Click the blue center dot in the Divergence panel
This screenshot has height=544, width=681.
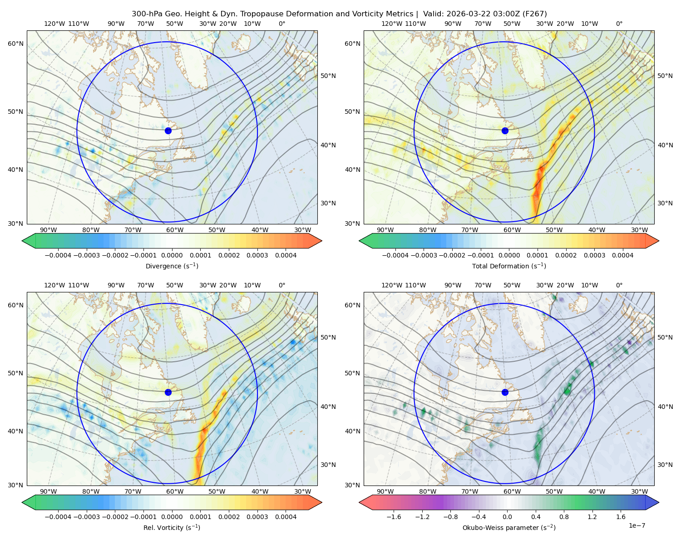click(168, 131)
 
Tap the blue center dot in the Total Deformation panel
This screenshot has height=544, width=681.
click(505, 131)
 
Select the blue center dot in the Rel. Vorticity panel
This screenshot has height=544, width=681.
click(168, 392)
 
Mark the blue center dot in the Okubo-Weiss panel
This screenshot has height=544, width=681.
click(505, 392)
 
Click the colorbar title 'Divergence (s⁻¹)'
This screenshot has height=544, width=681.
click(172, 266)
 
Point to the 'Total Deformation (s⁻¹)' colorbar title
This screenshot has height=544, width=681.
click(509, 266)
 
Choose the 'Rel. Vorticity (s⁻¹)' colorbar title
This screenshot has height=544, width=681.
click(172, 528)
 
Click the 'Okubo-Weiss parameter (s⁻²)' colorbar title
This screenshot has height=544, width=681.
click(509, 528)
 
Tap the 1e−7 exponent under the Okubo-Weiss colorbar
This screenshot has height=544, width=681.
click(637, 526)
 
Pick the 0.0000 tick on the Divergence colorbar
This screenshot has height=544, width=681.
click(172, 255)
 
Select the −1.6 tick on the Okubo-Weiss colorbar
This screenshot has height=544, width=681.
click(394, 517)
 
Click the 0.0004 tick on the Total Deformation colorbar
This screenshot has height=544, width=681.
click(622, 255)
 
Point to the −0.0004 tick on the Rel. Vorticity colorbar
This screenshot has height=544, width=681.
click(58, 517)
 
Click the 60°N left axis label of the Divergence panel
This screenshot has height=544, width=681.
click(15, 44)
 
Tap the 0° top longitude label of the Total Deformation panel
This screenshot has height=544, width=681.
click(619, 24)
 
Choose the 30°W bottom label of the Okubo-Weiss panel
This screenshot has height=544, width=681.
click(640, 491)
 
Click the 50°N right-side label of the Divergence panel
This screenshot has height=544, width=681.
click(328, 76)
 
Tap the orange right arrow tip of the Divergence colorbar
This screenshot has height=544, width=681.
click(321, 241)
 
